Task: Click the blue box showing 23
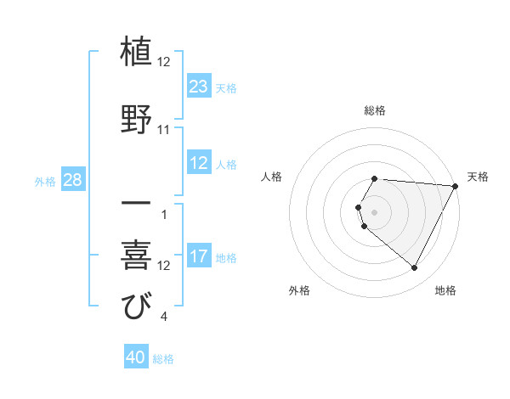click(199, 87)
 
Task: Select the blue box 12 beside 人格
click(199, 164)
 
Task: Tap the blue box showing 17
click(199, 256)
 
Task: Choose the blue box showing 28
click(72, 180)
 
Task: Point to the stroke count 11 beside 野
click(164, 130)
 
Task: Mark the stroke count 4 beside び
click(163, 318)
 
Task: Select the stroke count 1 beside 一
click(163, 214)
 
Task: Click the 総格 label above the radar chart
click(375, 110)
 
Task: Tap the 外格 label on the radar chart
click(299, 290)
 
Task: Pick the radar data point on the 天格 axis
click(456, 186)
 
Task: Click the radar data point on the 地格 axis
click(414, 268)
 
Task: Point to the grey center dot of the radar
click(375, 211)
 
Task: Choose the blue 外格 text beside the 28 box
click(44, 181)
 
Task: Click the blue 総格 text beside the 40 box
click(163, 359)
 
